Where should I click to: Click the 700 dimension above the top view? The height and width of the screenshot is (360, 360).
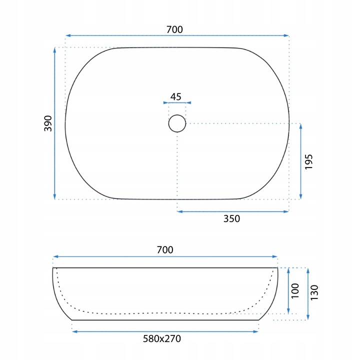coord(174,29)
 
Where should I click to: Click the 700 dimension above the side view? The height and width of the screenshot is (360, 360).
coord(165,250)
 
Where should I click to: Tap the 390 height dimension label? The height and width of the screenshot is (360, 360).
coord(48,123)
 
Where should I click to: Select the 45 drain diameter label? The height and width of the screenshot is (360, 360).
coord(176,96)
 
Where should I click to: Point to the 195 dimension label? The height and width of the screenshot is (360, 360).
coord(309,162)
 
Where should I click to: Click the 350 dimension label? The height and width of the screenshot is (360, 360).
coord(231,218)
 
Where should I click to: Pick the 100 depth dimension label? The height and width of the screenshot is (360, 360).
coord(295,291)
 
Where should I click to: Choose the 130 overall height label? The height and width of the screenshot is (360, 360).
coord(314,292)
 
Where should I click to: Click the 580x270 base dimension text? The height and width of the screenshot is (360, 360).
coord(162,338)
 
